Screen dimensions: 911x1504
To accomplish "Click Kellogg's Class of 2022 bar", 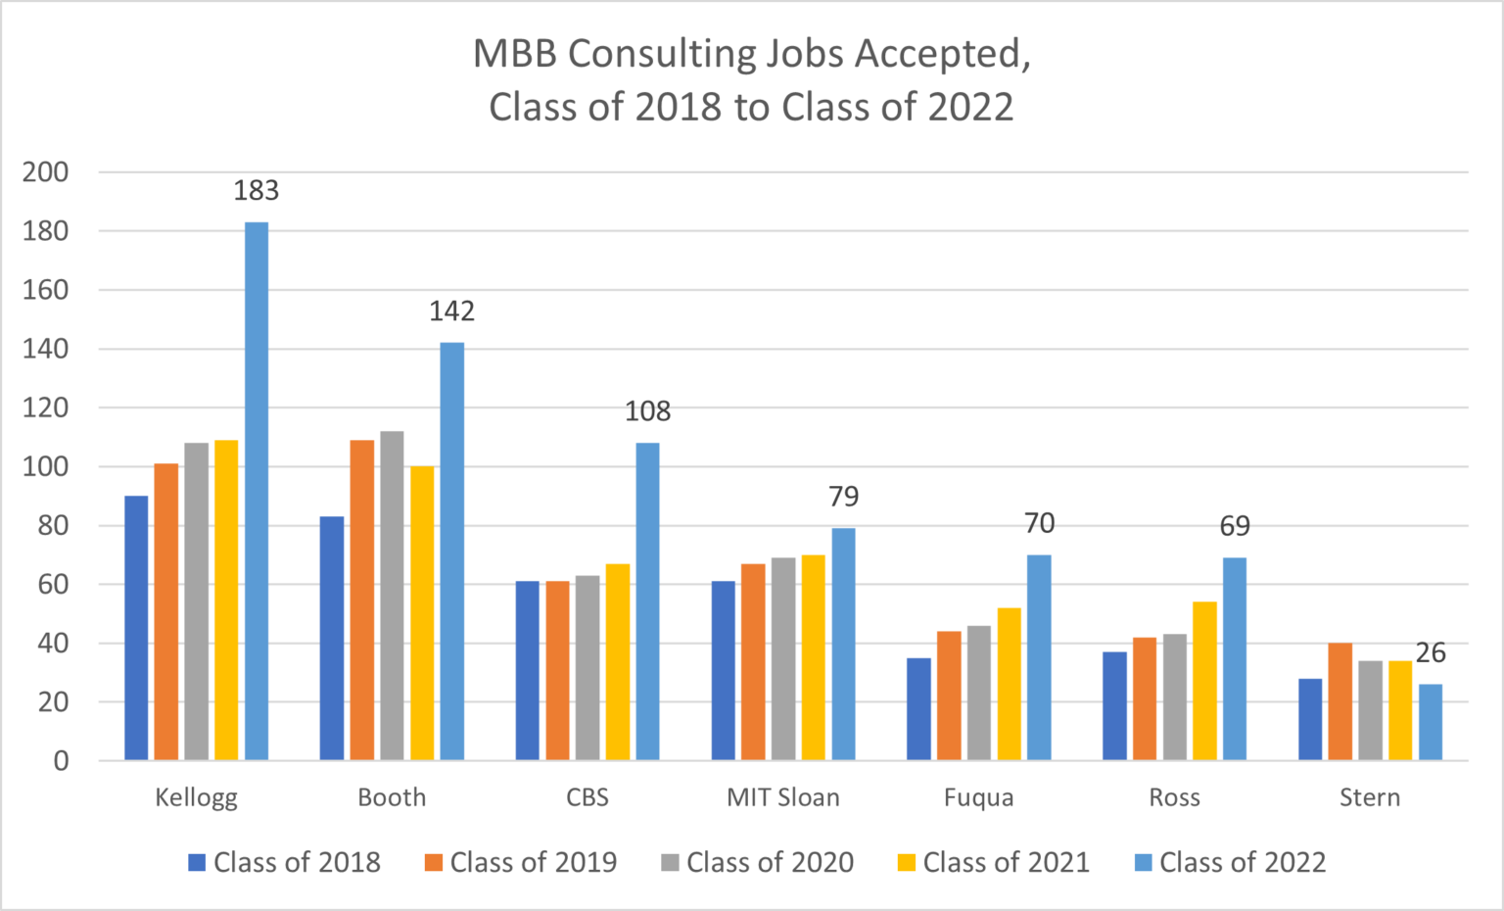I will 256,490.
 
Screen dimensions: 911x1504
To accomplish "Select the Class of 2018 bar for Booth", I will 332,638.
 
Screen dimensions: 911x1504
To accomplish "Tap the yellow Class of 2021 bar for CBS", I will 618,661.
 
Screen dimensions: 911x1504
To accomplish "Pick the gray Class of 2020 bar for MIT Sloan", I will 783,658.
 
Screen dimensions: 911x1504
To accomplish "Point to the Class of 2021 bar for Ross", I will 1204,681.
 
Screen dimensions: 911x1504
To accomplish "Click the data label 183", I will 256,190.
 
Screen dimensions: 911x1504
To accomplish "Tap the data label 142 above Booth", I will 451,311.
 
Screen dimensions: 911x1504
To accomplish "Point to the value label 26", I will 1430,652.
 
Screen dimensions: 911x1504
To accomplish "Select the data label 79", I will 843,497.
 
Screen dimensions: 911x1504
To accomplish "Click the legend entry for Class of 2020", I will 757,862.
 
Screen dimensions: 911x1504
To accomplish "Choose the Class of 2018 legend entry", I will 284,862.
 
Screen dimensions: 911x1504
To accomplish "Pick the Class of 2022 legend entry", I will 1230,862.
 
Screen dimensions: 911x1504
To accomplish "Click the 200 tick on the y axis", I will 46,172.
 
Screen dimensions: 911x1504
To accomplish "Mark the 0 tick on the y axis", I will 61,761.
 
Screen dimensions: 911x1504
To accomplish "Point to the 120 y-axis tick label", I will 46,408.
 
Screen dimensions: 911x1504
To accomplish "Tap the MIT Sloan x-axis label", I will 783,797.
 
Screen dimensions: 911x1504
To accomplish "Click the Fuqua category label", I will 978,797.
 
